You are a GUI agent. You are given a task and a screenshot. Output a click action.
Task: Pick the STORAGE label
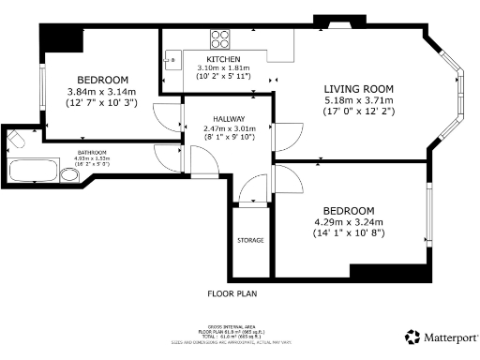click(x=249, y=241)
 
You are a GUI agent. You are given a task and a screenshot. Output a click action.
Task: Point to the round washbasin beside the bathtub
click(x=69, y=174)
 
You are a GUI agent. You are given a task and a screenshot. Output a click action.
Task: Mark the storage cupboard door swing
click(x=249, y=194)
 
